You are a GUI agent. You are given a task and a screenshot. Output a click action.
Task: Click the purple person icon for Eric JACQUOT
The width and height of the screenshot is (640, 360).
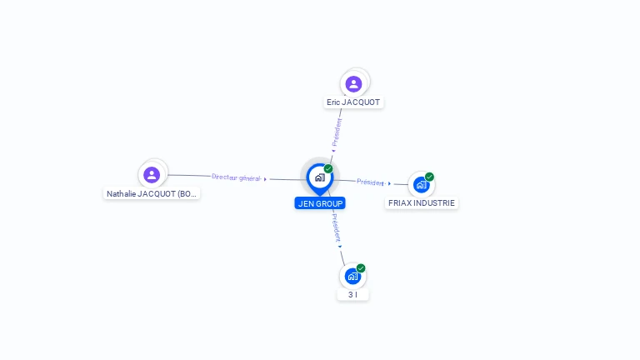[x=353, y=83]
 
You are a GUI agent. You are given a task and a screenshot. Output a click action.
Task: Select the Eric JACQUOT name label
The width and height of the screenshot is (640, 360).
[x=353, y=102]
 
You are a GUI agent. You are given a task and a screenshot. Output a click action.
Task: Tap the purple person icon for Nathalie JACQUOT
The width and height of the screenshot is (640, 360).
[x=152, y=175]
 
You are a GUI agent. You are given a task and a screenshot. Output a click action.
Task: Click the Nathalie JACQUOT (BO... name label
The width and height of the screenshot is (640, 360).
[x=152, y=194]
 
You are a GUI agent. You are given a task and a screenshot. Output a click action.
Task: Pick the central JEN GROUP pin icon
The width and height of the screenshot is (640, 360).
[x=319, y=177]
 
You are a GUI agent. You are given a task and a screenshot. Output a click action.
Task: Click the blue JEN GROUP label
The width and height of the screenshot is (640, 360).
[x=320, y=203]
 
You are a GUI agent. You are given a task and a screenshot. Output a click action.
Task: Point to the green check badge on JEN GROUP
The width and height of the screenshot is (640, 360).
[x=328, y=168]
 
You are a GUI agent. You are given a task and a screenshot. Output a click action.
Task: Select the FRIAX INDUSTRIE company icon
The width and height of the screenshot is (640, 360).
[x=421, y=184]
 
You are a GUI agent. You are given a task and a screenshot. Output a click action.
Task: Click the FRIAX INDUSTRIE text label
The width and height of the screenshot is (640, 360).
[x=422, y=203]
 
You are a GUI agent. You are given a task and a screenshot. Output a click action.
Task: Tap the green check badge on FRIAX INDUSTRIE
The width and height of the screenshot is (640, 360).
[x=429, y=177]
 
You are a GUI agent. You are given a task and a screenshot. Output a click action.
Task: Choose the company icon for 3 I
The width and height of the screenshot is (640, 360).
[x=352, y=276]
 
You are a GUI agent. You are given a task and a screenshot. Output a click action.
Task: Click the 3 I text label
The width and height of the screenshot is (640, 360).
[x=352, y=295]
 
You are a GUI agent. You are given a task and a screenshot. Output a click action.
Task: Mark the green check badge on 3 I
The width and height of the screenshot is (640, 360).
[x=361, y=268]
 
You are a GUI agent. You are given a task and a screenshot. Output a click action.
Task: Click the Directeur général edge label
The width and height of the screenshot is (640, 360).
[x=236, y=177]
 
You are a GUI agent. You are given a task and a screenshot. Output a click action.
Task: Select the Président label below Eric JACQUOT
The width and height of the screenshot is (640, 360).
[x=337, y=132]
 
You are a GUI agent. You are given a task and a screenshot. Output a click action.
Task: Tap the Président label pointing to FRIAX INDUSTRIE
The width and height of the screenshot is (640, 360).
[x=370, y=182]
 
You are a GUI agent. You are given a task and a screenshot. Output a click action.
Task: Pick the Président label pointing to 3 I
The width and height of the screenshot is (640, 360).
[x=334, y=226]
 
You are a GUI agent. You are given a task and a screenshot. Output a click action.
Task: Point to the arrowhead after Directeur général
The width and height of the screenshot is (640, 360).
[x=266, y=179]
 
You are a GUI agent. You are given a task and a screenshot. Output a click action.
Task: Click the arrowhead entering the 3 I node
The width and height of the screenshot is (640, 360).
[x=340, y=246]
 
